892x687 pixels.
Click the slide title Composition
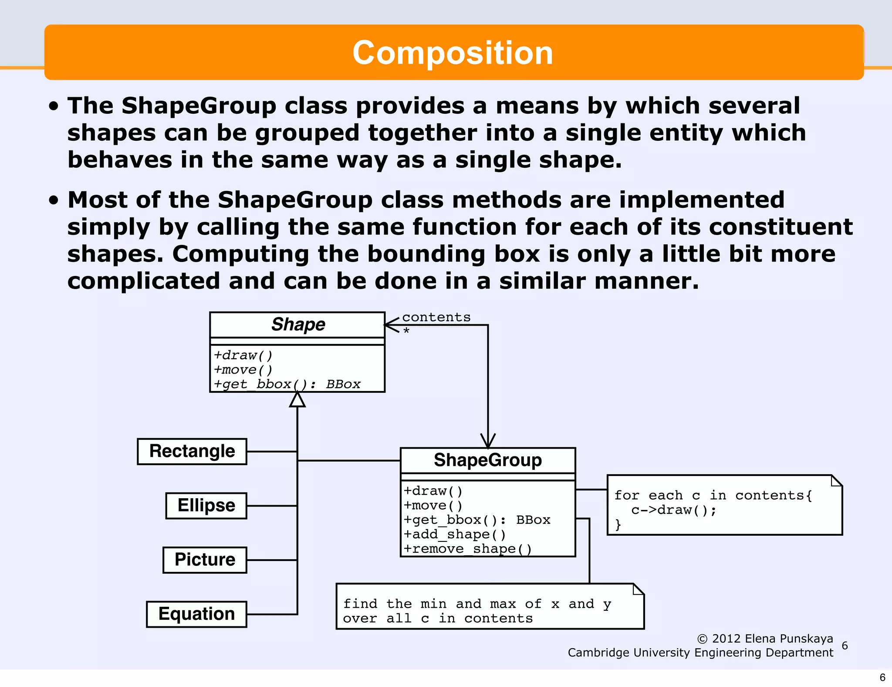453,53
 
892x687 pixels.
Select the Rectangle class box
192,451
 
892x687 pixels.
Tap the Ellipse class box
206,506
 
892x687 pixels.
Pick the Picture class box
205,560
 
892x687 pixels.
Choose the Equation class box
196,614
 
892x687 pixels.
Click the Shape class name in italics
298,325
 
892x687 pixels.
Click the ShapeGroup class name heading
487,460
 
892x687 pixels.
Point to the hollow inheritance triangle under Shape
297,400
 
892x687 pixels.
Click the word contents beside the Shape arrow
436,317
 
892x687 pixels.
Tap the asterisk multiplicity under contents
406,331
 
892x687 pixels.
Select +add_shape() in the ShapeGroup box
455,534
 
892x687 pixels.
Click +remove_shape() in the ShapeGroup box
467,549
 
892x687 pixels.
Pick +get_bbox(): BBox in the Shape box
287,384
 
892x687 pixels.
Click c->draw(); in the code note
673,510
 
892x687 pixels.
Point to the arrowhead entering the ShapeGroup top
488,441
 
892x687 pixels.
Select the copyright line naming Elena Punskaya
765,639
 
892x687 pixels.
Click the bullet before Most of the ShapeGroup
54,200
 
